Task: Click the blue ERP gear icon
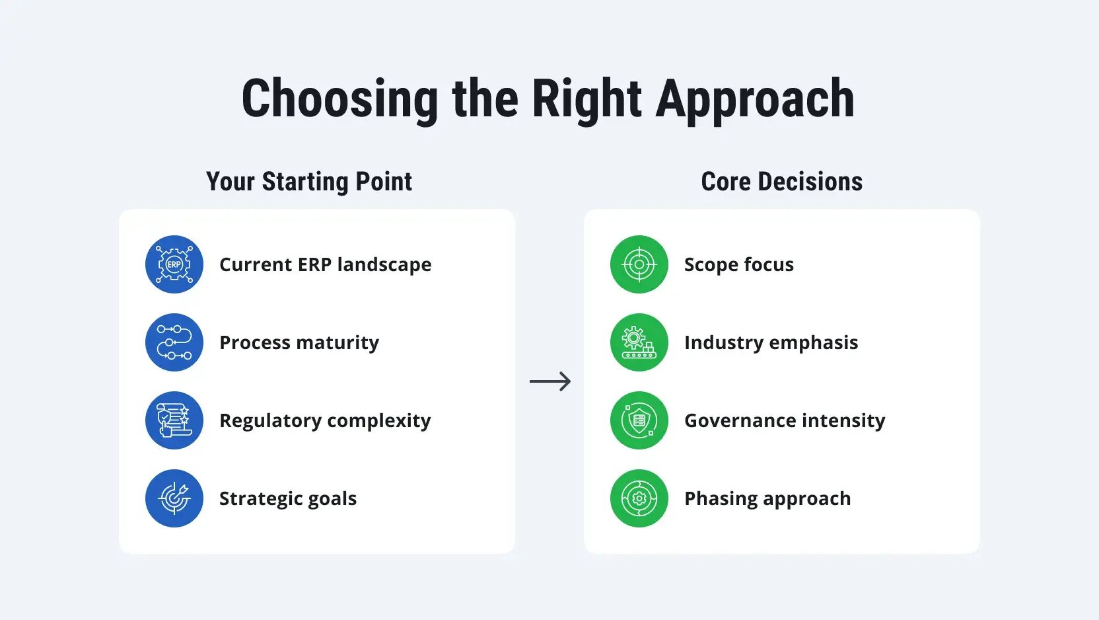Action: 174,264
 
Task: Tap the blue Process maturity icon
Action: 174,342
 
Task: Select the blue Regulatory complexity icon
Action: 174,420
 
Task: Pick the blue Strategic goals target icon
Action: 174,499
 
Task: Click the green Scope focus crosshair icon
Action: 639,264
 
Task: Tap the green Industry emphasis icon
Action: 639,342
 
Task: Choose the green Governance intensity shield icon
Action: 639,420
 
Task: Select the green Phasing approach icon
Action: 639,499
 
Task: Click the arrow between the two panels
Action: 550,381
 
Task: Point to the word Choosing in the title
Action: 339,100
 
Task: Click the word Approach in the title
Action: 755,100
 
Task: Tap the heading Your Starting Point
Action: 309,182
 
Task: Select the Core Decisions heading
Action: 781,181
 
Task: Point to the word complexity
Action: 378,420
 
